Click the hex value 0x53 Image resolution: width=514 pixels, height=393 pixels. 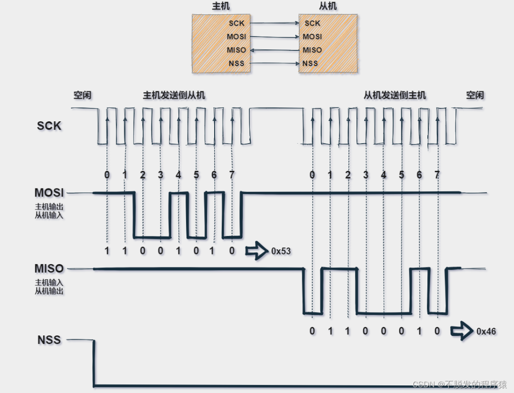tap(280, 251)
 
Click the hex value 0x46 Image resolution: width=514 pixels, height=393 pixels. tap(486, 331)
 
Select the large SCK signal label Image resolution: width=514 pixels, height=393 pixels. tap(49, 126)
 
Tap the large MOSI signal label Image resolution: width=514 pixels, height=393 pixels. tap(49, 193)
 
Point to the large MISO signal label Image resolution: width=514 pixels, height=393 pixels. tap(49, 269)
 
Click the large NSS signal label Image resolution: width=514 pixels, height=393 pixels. tap(49, 340)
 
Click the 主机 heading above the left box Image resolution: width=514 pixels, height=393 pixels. tap(218, 7)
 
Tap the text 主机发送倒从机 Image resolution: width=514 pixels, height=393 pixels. tap(174, 95)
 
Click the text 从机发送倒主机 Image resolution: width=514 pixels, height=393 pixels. tap(395, 95)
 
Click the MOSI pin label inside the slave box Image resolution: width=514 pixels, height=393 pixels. tap(312, 37)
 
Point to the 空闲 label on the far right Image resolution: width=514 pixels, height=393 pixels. tap(474, 95)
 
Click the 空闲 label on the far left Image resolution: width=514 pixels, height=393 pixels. tap(82, 95)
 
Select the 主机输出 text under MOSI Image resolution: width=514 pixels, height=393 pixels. tap(49, 207)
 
